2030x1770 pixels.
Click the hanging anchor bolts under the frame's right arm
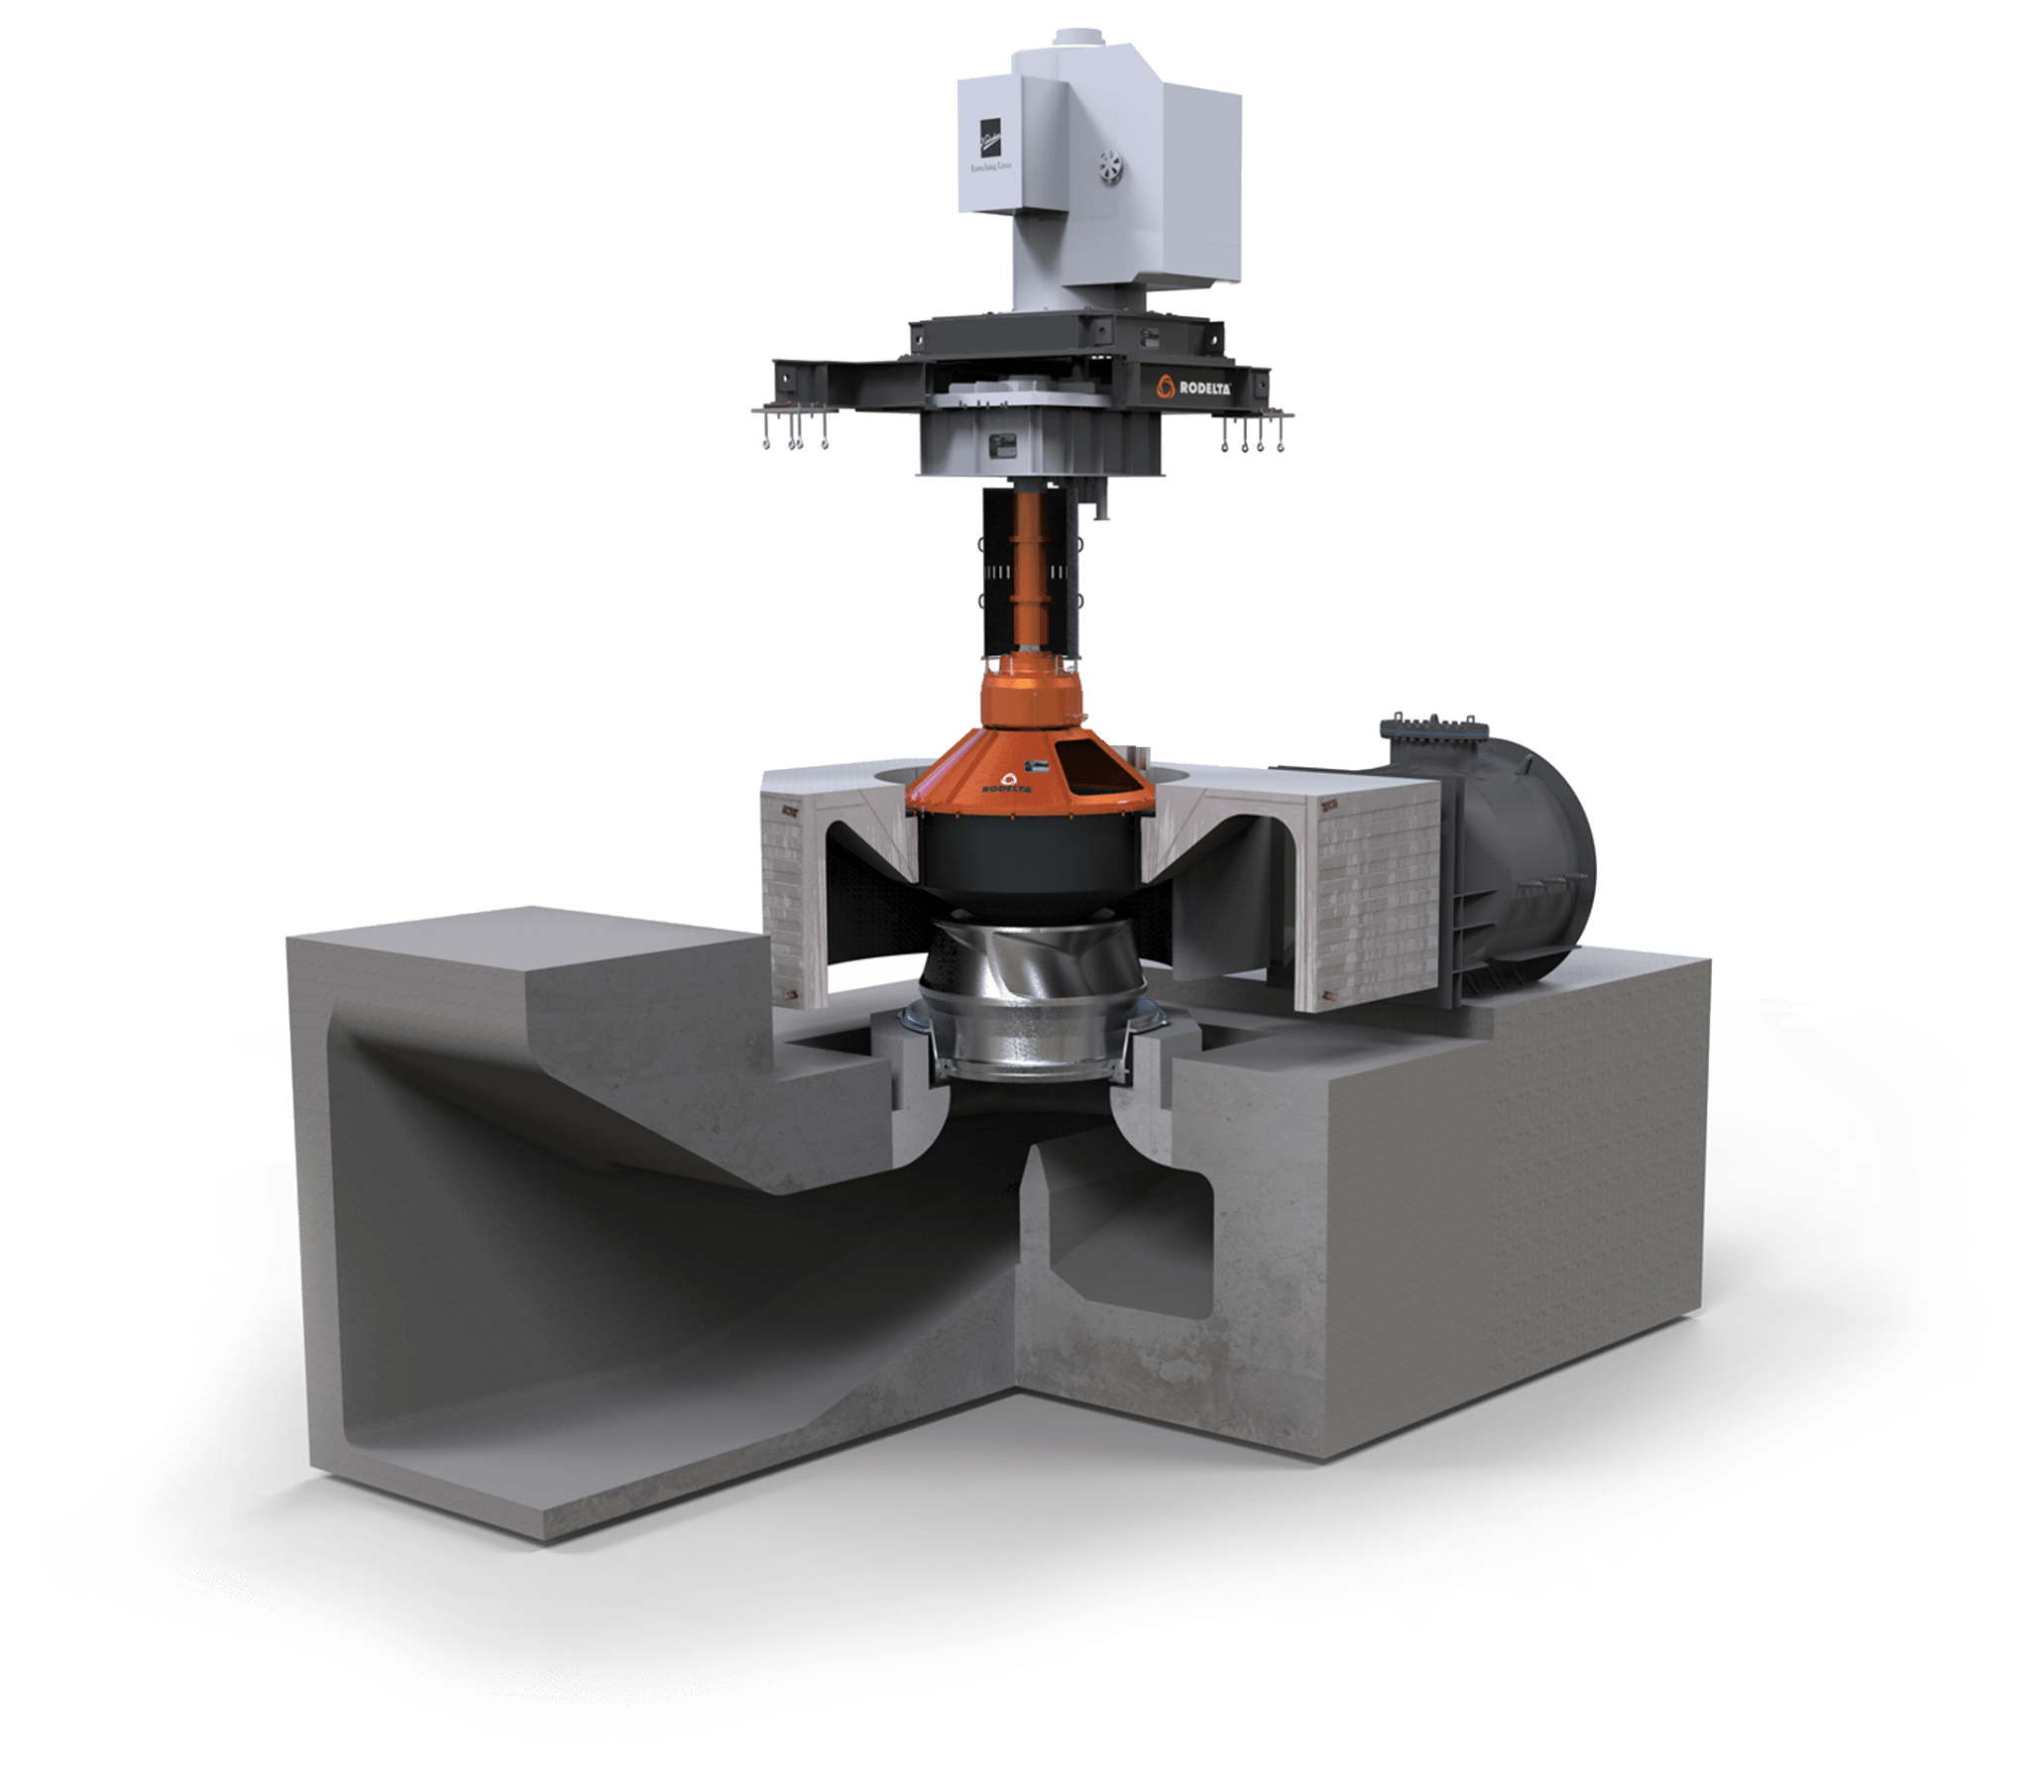[x=1254, y=436]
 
